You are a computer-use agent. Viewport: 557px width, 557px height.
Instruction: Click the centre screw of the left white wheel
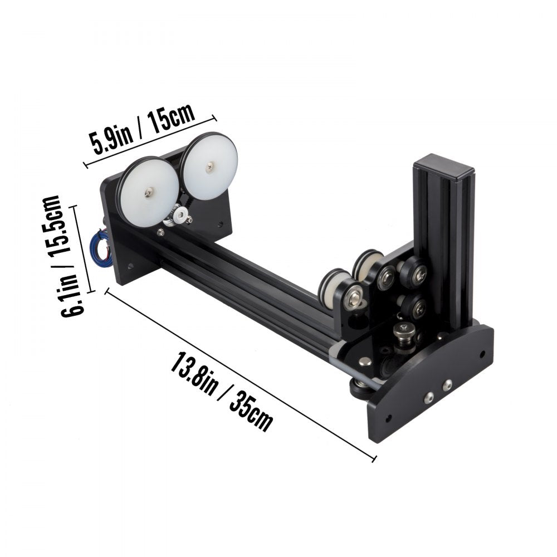(x=149, y=193)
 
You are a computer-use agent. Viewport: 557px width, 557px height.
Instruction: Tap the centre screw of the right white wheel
(x=209, y=164)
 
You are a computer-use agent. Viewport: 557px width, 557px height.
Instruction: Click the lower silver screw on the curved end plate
(x=429, y=397)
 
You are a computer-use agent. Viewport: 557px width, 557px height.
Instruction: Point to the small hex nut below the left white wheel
(x=160, y=232)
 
